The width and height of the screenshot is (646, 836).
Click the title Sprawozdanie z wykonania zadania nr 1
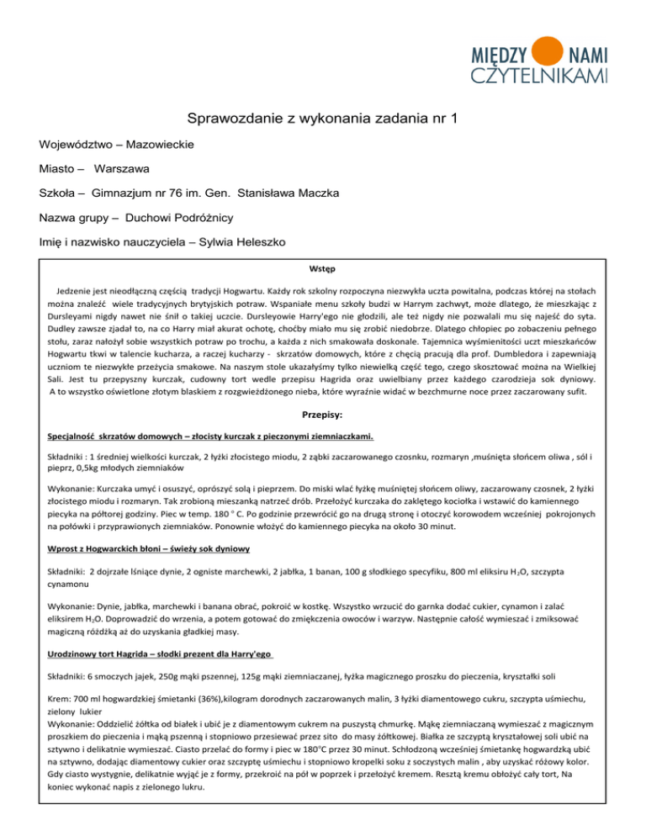tap(322, 119)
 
